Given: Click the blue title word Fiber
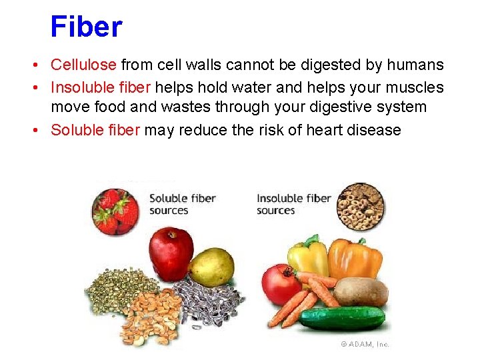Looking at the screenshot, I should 86,27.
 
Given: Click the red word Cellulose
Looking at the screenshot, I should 84,65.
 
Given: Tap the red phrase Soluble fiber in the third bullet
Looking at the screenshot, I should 95,129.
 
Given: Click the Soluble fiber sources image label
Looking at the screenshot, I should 181,204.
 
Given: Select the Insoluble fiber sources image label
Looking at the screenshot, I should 293,204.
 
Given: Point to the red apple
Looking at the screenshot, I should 171,254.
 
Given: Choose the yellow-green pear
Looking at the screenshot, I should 212,267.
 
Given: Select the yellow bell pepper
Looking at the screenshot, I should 308,257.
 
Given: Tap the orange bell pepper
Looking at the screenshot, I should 355,259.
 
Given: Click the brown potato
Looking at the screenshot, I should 360,291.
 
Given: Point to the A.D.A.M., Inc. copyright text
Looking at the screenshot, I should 365,344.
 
